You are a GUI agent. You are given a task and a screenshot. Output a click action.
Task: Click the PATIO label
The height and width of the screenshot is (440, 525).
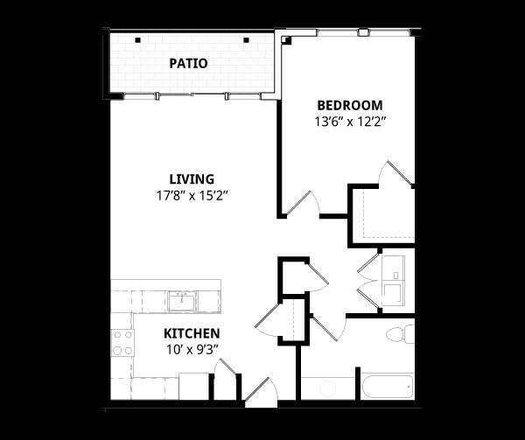[188, 63]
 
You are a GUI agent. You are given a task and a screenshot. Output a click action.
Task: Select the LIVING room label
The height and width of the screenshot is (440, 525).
[192, 179]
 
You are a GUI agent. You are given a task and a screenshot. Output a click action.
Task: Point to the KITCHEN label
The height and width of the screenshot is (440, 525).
[192, 333]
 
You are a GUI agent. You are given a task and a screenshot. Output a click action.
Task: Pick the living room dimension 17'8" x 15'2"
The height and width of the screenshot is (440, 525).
[192, 196]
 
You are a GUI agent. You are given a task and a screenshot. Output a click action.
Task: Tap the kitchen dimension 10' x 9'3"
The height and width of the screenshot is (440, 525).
[192, 349]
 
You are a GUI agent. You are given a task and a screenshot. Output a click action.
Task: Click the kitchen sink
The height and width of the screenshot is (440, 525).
[185, 302]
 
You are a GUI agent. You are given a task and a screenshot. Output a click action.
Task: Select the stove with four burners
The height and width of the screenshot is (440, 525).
[122, 342]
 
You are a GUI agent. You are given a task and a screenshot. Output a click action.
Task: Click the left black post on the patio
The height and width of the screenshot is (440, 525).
[137, 38]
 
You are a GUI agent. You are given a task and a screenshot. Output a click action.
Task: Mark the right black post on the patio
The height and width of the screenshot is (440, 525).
[247, 38]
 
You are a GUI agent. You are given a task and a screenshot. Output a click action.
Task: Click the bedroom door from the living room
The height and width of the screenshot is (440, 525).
[306, 204]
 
